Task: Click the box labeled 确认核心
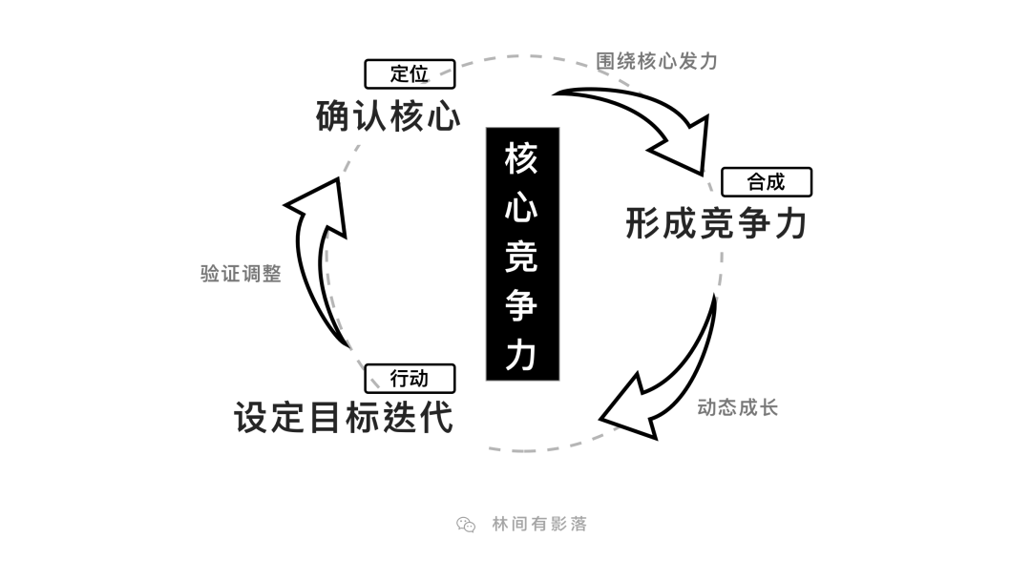371,114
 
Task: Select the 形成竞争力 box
729,222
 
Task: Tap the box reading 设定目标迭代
353,420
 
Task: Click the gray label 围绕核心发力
657,61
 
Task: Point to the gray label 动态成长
738,408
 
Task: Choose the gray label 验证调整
242,274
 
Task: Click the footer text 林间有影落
539,524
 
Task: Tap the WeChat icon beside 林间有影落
465,524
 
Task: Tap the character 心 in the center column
522,208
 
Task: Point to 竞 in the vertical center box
522,257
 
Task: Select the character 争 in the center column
522,305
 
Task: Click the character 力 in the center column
522,354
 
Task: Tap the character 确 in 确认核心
333,116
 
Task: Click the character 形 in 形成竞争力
642,223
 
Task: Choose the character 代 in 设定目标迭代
435,418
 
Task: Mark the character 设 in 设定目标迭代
251,418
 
